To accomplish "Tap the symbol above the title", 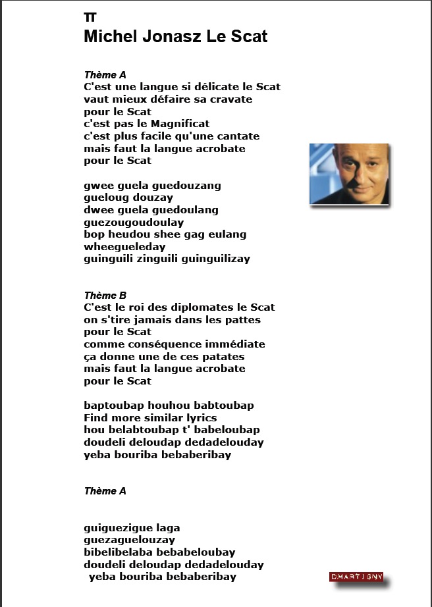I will pos(90,17).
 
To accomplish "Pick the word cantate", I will pos(235,136).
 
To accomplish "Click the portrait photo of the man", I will pos(349,174).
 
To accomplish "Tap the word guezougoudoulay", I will pos(134,223).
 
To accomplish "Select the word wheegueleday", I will pos(125,247).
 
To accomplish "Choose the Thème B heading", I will pos(105,295).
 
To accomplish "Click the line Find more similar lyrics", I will pos(150,417).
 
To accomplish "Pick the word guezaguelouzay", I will pos(130,540).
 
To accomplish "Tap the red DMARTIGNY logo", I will pos(356,577).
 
